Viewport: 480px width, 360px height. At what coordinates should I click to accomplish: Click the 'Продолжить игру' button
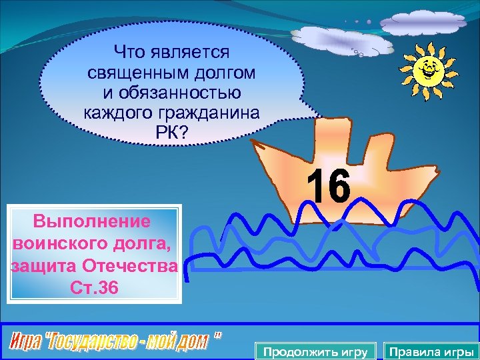click(316, 351)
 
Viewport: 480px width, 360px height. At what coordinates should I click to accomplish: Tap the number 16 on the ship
click(328, 186)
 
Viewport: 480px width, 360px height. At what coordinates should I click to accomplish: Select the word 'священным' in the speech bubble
click(129, 71)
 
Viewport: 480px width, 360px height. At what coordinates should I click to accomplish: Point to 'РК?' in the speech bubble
click(172, 131)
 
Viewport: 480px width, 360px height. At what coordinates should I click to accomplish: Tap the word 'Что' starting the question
click(129, 51)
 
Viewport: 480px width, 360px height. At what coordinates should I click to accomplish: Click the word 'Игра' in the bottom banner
click(25, 343)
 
